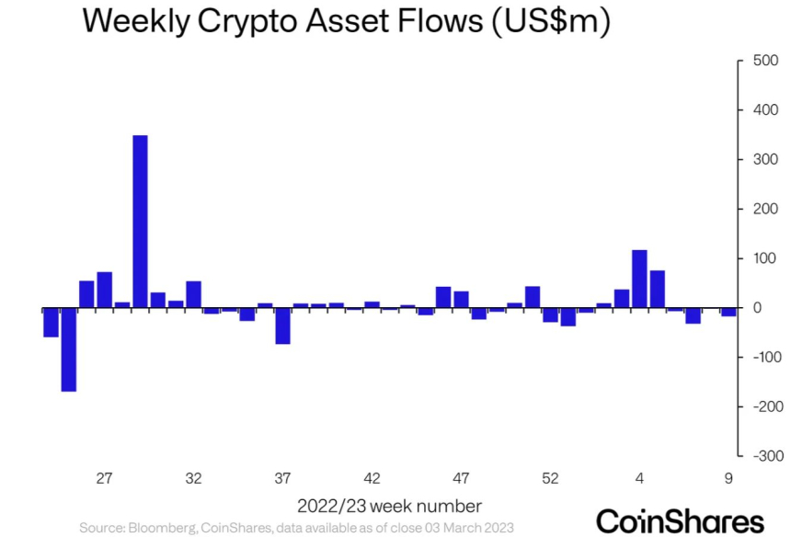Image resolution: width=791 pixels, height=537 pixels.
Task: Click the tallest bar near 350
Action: coord(140,222)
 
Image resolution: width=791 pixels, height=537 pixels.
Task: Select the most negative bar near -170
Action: coord(69,349)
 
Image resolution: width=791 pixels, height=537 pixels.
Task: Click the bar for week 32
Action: coord(193,294)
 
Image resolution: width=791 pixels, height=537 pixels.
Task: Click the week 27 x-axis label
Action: coord(104,478)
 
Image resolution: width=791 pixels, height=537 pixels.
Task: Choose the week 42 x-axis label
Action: coord(372,478)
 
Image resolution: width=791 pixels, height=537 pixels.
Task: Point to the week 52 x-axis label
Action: coord(550,478)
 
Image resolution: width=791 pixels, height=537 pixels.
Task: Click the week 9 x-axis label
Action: coord(728,478)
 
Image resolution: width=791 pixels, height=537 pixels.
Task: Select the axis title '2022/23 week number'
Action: coord(389,506)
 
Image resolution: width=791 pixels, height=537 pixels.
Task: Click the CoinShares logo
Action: coord(681,519)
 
